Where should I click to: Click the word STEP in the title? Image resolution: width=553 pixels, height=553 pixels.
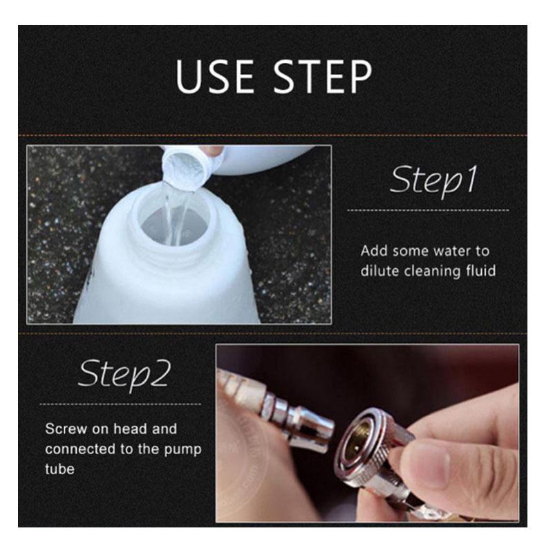pos(323,77)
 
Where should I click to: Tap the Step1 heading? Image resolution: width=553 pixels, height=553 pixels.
pos(434,180)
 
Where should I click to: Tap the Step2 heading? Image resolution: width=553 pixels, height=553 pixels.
pos(124,375)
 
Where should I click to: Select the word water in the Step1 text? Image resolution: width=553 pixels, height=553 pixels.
pos(452,251)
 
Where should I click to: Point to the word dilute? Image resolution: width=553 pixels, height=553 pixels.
pos(379,271)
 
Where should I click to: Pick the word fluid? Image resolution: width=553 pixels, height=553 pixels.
pos(480,271)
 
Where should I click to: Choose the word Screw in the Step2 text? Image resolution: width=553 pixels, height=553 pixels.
pos(66,429)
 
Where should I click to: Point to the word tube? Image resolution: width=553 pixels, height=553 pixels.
pos(59,469)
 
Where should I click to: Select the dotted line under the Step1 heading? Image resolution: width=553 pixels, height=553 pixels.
pos(428,211)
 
